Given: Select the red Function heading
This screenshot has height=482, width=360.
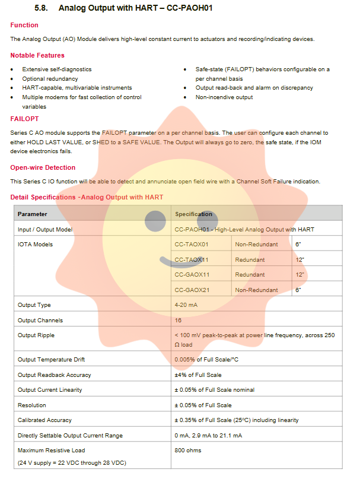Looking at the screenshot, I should [24, 25].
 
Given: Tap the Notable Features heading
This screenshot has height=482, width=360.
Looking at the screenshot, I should [37, 55].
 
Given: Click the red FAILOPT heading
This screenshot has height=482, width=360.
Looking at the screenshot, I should [24, 119].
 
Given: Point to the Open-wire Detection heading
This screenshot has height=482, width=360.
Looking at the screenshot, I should [43, 167].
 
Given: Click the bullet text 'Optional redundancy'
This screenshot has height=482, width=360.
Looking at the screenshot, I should [50, 78].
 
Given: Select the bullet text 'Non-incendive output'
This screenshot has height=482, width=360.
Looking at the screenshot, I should [224, 97].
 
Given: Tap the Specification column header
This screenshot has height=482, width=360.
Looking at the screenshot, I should [193, 214].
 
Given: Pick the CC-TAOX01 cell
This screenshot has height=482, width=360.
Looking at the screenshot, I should [192, 244].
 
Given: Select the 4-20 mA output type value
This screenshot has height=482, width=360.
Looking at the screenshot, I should [187, 305].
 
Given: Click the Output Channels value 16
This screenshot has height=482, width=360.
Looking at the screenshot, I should [178, 320].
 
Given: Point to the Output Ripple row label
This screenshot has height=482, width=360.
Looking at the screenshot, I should [36, 335].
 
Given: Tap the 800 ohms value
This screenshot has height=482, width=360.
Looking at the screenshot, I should [188, 450].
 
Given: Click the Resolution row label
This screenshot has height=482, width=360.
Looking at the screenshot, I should [32, 405].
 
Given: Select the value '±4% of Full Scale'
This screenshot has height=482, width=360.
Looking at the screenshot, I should [197, 375].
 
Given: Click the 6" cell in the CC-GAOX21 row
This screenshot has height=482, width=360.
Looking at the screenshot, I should [298, 290].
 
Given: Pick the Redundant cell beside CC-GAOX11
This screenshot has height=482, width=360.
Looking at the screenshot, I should [250, 275].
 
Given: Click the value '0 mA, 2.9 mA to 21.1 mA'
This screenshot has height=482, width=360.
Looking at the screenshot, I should [208, 435].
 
